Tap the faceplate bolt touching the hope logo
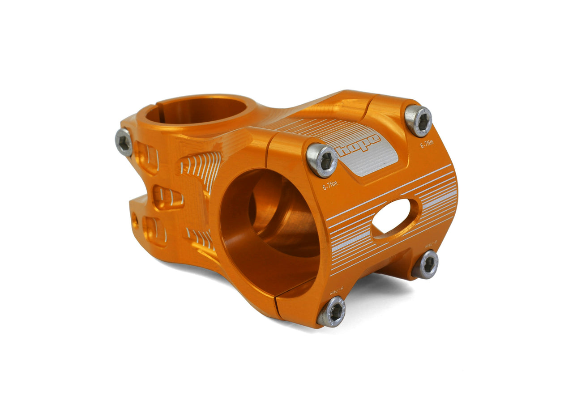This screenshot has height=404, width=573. tap(322, 160)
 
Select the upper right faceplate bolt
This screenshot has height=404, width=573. tap(418, 120)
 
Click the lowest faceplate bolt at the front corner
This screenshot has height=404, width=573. tap(332, 311)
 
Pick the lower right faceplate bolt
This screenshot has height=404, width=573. tap(425, 264)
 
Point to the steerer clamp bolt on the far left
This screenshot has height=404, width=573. tap(124, 142)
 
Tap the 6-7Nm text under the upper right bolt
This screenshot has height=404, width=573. tap(427, 145)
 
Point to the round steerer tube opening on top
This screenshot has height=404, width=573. tap(196, 110)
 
